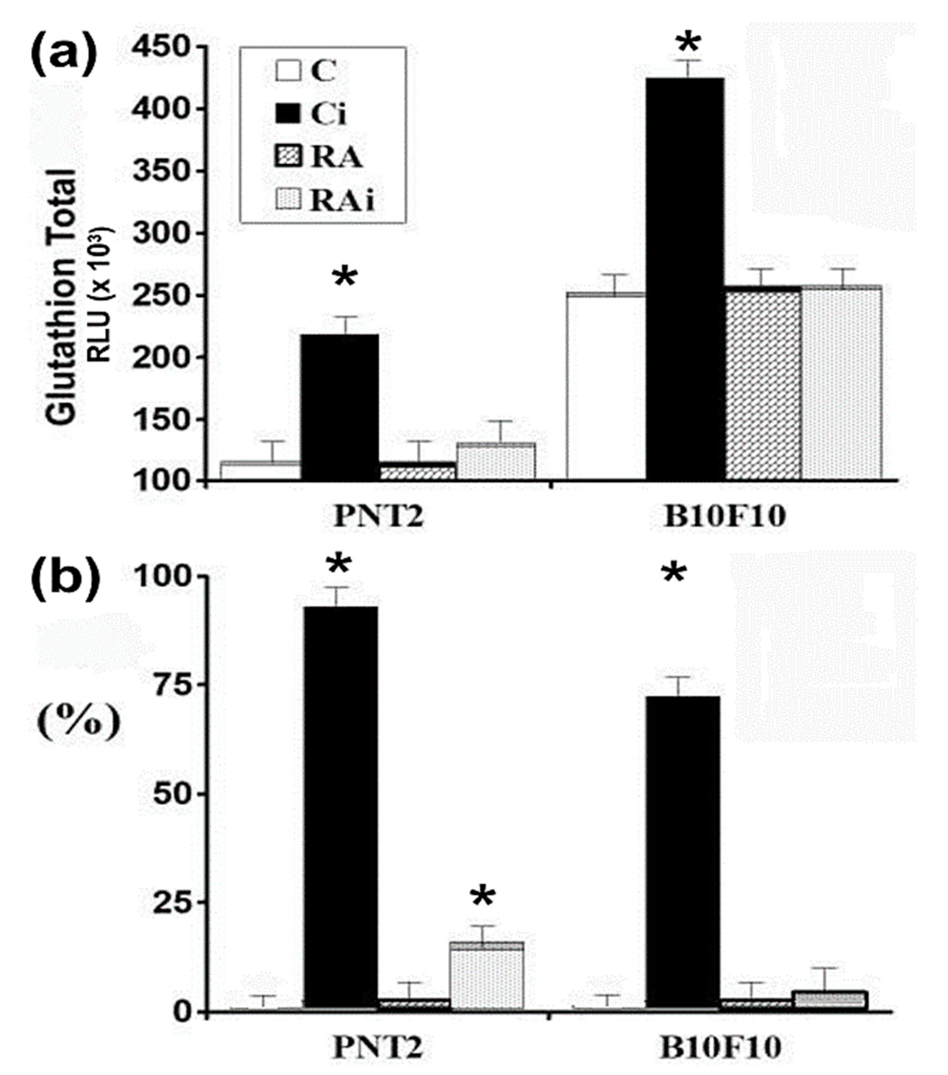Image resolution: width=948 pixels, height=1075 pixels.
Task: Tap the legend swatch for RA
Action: (288, 157)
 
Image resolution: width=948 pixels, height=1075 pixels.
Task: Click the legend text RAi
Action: (342, 200)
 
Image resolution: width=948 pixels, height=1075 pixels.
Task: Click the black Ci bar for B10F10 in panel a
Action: (684, 279)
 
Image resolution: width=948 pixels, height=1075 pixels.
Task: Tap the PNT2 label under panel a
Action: (379, 517)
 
